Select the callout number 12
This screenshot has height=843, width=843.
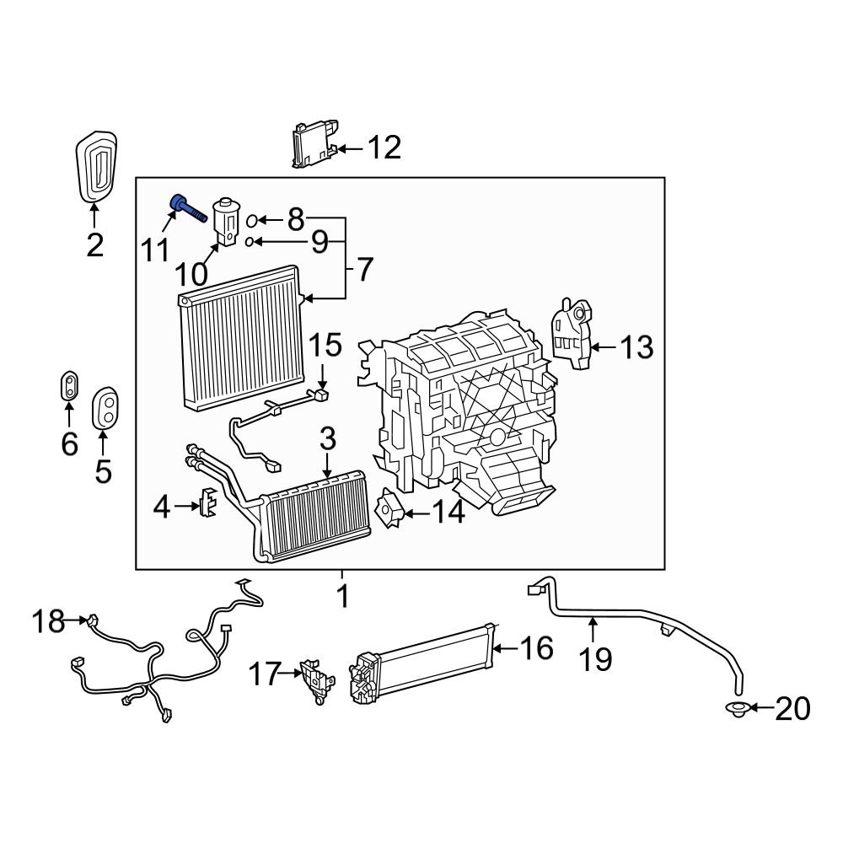382,148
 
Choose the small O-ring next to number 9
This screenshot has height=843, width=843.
250,243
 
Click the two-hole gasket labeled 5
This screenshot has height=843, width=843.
105,408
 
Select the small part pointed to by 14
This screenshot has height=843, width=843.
390,508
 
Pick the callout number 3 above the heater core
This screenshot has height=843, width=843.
328,438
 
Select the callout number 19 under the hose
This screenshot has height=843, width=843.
596,658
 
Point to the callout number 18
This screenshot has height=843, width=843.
48,622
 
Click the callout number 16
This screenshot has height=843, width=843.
536,648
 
